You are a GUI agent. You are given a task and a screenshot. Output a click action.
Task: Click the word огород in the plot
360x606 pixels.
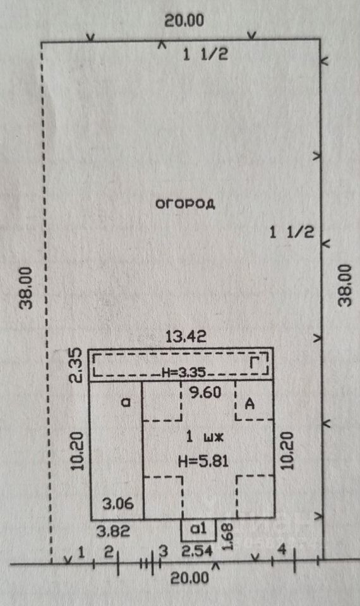pos(185,204)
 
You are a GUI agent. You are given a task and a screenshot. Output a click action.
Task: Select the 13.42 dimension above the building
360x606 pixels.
pos(186,336)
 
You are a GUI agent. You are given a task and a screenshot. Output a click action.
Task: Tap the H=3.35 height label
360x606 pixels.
pos(184,372)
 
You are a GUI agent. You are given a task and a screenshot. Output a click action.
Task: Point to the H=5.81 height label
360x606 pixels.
pos(203,461)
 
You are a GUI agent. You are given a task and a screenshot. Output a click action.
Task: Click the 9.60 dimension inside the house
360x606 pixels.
pos(205,393)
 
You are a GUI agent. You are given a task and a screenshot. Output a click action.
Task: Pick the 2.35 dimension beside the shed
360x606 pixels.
pos(76,365)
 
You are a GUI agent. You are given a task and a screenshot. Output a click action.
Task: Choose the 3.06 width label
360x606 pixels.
pos(118,503)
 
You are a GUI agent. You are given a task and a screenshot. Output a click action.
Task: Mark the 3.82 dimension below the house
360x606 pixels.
pos(113,531)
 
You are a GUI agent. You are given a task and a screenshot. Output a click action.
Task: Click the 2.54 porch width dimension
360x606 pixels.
pos(197,551)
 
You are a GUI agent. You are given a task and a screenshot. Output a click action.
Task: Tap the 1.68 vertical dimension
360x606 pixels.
pos(228,536)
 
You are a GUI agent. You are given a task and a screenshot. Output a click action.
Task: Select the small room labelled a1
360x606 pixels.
pos(199,530)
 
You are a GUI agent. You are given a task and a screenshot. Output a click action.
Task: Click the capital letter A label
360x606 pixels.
pos(250,404)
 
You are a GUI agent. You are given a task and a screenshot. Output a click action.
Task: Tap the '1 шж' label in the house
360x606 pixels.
pos(205,437)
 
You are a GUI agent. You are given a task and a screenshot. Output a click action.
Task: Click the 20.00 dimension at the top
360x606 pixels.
pos(184,20)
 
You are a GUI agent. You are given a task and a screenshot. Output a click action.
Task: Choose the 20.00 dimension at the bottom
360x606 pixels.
pos(190,578)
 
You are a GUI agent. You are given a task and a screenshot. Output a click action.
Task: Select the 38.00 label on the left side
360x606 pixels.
pos(27,288)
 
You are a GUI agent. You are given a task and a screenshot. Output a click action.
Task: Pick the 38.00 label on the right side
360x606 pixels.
pos(345,285)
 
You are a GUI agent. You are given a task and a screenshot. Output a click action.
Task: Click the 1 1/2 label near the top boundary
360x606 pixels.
pos(205,54)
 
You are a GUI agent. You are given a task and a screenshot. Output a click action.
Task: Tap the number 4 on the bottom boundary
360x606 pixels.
pos(283,550)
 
